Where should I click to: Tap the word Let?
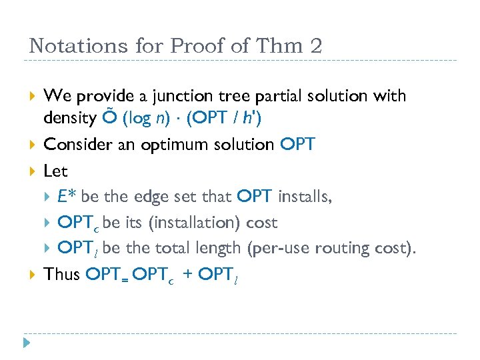point(55,171)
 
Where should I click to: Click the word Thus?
point(61,274)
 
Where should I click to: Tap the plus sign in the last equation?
point(188,275)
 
